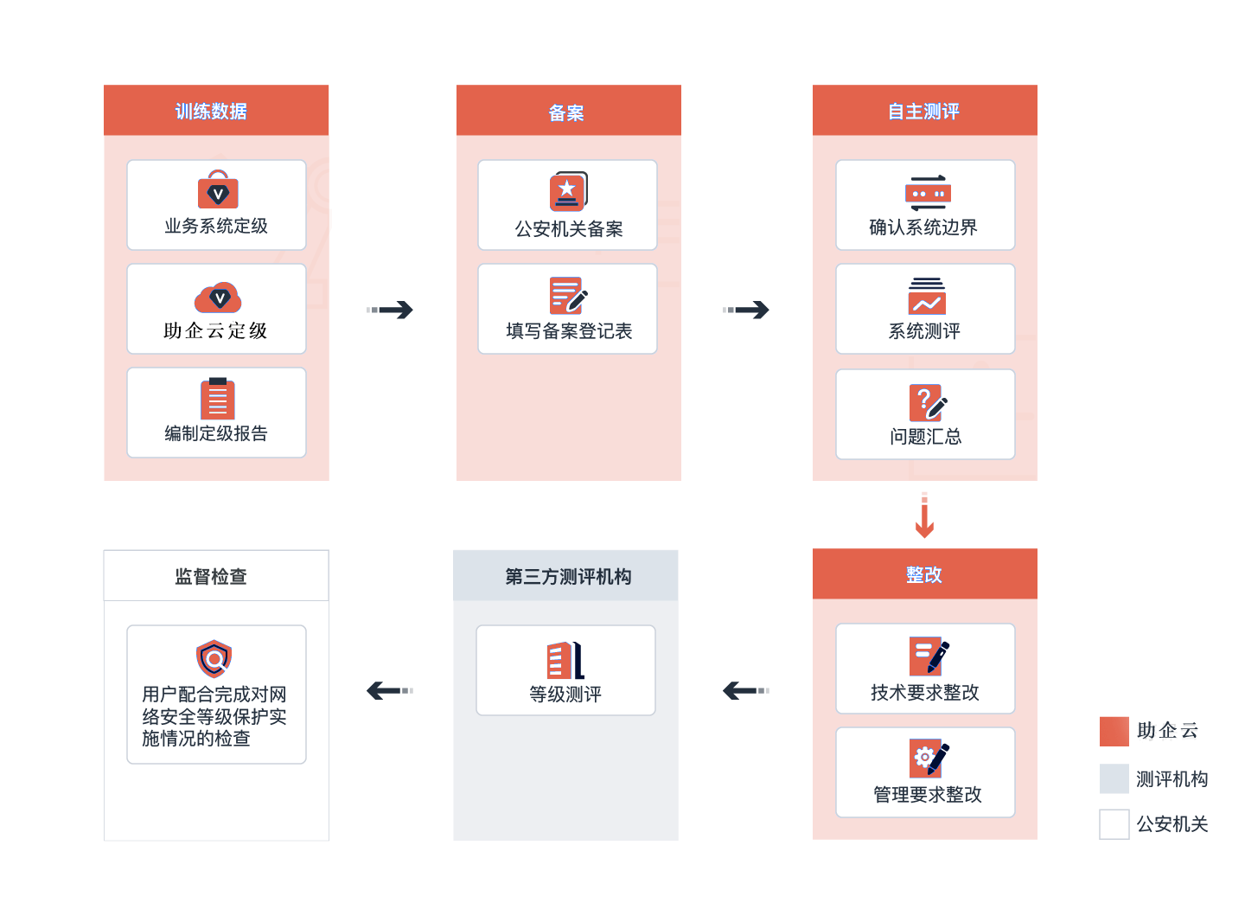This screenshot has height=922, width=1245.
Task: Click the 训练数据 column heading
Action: coord(211,112)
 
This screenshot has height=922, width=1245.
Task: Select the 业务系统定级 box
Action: coord(216,205)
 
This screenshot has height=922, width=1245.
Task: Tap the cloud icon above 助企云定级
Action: coord(218,298)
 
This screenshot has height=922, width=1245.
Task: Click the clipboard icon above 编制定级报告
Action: coord(218,398)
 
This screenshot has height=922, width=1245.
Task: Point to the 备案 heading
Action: coord(566,113)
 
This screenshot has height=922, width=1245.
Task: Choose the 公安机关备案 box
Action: coord(567,205)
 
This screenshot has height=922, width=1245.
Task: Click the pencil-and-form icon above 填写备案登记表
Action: coord(568,296)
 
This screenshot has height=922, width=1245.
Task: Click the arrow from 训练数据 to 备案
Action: coord(390,310)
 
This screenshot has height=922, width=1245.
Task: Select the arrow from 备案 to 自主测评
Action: coord(745,310)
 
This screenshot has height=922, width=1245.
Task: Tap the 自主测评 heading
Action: coord(923,112)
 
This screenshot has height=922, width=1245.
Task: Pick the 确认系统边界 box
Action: coord(925,205)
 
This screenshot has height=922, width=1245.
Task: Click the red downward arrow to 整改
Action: coord(925,515)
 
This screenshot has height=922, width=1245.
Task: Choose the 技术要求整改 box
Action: coord(925,669)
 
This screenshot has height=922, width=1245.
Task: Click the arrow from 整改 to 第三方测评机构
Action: coord(745,690)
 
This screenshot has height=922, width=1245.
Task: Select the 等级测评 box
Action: coord(565,670)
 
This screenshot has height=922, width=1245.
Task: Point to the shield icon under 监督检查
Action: coord(214,659)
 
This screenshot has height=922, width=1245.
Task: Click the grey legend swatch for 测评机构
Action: coord(1114,778)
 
